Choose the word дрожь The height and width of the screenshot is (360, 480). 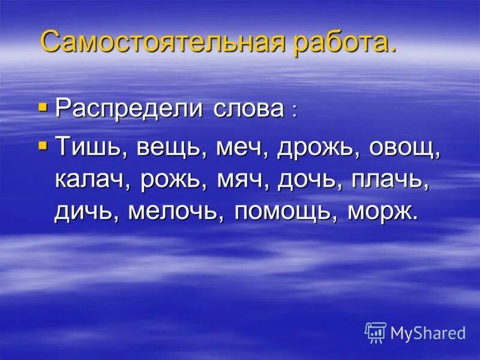[314, 148]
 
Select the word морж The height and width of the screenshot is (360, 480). [380, 212]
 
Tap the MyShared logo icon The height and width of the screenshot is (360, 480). [375, 332]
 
